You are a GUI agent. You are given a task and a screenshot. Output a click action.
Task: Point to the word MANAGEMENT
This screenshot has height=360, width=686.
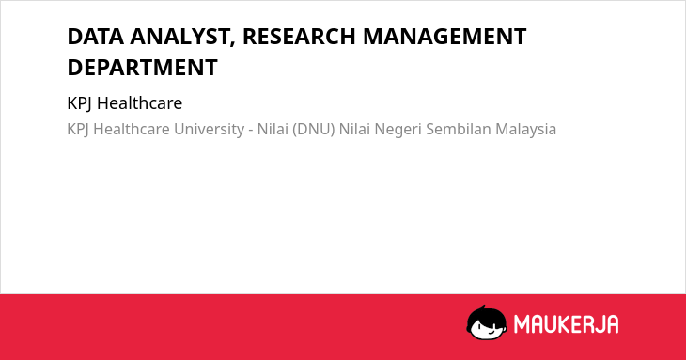(x=444, y=37)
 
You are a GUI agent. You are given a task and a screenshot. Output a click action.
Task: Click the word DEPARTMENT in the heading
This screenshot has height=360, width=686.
(x=142, y=68)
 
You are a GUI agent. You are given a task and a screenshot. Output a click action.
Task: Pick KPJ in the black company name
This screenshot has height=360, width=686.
(x=80, y=104)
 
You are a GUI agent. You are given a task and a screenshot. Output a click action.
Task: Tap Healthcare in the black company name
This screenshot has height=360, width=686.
(x=140, y=103)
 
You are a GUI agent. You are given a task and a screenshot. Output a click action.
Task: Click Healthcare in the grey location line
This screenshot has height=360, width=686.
(x=132, y=129)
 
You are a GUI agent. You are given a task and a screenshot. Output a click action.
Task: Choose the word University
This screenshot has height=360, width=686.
(x=210, y=130)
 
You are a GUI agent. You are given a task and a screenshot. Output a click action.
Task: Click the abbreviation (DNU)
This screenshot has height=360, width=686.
(x=313, y=130)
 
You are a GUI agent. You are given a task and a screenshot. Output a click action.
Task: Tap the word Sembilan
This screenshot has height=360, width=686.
(x=459, y=129)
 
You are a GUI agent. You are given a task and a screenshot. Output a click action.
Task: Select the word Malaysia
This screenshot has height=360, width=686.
(x=526, y=130)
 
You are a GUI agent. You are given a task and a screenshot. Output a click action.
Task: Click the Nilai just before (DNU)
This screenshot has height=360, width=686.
(x=273, y=129)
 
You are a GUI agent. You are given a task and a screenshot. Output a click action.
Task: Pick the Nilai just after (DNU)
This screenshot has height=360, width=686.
(x=354, y=129)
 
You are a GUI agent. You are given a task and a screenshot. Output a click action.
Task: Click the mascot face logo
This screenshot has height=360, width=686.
(x=487, y=322)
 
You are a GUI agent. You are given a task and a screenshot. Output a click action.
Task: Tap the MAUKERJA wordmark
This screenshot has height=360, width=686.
(x=566, y=324)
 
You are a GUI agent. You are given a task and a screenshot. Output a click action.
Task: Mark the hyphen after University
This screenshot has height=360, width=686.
(x=251, y=131)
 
